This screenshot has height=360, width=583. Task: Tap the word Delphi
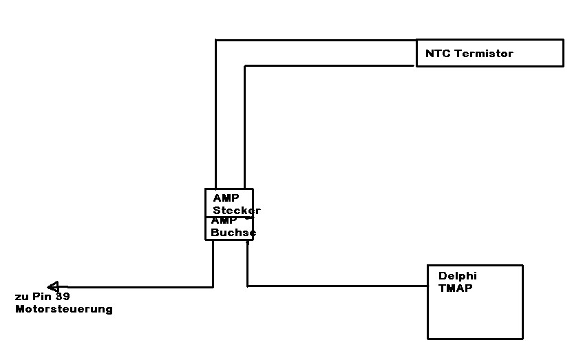pyautogui.click(x=458, y=276)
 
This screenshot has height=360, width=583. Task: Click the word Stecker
pyautogui.click(x=237, y=211)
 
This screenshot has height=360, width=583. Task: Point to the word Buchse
pyautogui.click(x=233, y=233)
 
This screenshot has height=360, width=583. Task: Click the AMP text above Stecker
pyautogui.click(x=226, y=198)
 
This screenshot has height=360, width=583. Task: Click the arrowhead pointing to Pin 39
pyautogui.click(x=53, y=286)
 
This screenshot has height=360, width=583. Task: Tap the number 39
pyautogui.click(x=63, y=297)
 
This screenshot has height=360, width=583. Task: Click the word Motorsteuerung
pyautogui.click(x=64, y=310)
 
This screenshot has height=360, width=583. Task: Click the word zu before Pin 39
pyautogui.click(x=21, y=297)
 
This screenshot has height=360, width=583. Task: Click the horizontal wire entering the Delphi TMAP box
pyautogui.click(x=337, y=286)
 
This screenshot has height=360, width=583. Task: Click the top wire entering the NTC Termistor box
pyautogui.click(x=317, y=40)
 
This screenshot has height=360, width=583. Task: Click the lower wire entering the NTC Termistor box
pyautogui.click(x=330, y=65)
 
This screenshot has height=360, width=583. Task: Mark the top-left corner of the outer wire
pyautogui.click(x=216, y=40)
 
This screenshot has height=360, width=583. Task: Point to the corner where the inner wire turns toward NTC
pyautogui.click(x=245, y=65)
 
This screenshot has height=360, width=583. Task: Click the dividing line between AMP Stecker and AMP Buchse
pyautogui.click(x=229, y=217)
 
